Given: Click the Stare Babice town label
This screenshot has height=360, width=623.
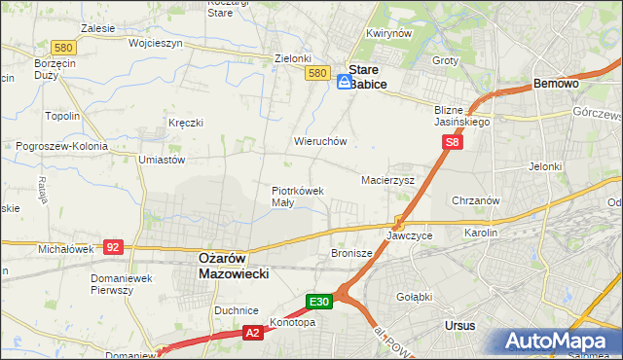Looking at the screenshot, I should (x=368, y=77).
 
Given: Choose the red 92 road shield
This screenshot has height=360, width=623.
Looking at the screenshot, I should (x=114, y=247).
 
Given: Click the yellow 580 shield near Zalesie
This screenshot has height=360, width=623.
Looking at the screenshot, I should (x=64, y=47).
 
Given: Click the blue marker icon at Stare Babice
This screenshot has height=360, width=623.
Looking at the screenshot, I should (x=346, y=83).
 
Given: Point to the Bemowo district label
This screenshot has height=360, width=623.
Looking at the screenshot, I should (x=557, y=85).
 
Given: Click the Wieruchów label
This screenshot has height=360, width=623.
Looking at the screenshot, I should (x=320, y=141).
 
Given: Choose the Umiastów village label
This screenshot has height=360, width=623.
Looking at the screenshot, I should (x=162, y=159).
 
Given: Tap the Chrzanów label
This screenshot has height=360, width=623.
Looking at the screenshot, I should (x=476, y=200).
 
